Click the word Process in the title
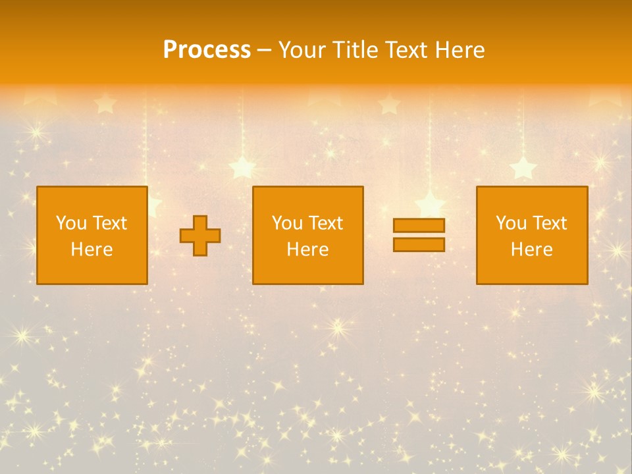pyautogui.click(x=207, y=49)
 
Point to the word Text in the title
pyautogui.click(x=406, y=49)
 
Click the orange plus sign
pyautogui.click(x=200, y=236)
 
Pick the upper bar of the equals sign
pyautogui.click(x=419, y=225)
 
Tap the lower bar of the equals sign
pyautogui.click(x=419, y=244)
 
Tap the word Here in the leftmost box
pyautogui.click(x=92, y=250)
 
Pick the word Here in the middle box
pyautogui.click(x=307, y=250)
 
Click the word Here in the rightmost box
pyautogui.click(x=531, y=250)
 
